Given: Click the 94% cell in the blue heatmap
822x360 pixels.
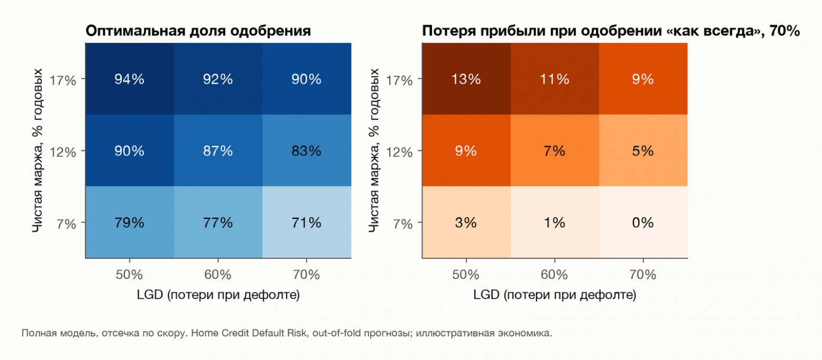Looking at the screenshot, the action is (130, 79).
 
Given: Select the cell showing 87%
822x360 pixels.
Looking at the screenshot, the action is (218, 150).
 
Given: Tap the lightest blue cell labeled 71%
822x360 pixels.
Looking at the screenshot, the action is (307, 222).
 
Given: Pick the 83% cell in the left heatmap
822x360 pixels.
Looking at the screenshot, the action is (307, 150).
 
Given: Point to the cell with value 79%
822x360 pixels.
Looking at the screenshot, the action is (130, 222).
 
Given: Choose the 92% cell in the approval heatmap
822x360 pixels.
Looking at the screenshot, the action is (218, 79).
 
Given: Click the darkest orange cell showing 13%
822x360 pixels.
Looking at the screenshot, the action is (466, 79).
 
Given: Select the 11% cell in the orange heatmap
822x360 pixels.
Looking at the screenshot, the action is (554, 79).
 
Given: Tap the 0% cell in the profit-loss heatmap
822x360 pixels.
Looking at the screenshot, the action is (643, 222).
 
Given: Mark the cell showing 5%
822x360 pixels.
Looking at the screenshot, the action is (643, 150).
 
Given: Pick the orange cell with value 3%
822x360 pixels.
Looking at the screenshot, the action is (466, 222).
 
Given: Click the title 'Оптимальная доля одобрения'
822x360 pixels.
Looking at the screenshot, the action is (198, 31).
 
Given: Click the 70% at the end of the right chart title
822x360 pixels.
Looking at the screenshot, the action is (785, 31).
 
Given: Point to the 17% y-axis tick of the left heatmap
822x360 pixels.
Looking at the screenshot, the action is (63, 80).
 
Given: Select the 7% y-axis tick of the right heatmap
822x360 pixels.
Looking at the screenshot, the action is (403, 223).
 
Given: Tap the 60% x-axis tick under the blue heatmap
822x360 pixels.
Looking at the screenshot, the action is (218, 275).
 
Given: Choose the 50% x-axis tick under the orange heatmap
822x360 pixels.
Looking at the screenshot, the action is (466, 275).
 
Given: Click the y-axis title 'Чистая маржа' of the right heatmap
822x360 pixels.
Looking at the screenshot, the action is (374, 188).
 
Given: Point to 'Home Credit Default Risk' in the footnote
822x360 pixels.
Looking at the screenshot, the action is (249, 333).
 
